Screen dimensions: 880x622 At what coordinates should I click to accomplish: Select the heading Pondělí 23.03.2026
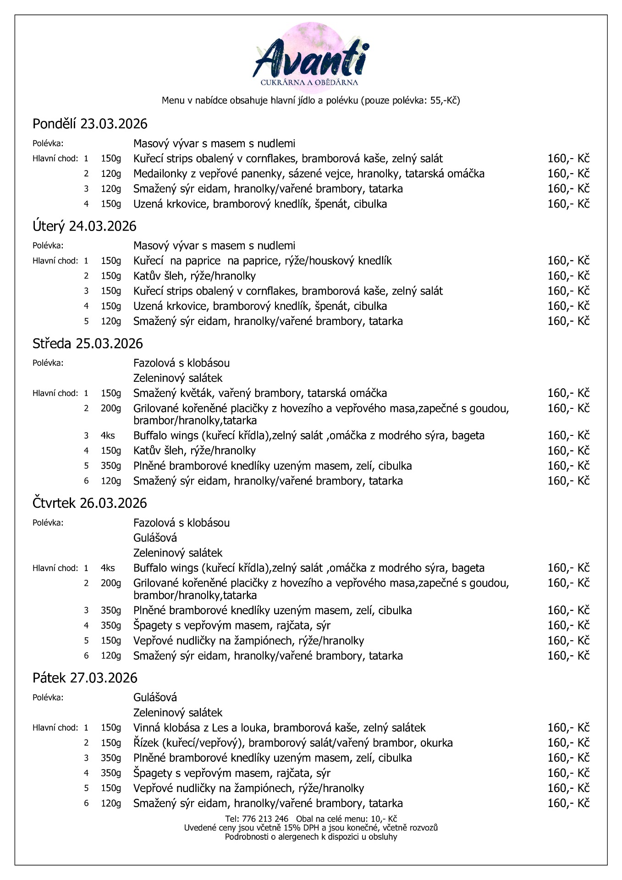[x=90, y=124]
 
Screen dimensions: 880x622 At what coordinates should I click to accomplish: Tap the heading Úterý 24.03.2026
[x=84, y=226]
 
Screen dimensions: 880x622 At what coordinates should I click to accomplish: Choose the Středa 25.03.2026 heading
[x=88, y=343]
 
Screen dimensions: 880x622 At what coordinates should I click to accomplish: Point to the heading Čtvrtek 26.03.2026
[x=90, y=503]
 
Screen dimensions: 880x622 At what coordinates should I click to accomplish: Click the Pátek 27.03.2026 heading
[x=85, y=677]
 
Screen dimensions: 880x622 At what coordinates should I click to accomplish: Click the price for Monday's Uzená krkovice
[x=568, y=204]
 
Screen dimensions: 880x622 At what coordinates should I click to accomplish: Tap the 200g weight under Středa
[x=110, y=408]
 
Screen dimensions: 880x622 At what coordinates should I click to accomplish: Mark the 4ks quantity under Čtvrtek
[x=108, y=568]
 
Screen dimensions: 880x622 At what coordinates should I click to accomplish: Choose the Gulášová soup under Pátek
[x=155, y=697]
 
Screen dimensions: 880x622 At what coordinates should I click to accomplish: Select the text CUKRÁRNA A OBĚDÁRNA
[x=309, y=82]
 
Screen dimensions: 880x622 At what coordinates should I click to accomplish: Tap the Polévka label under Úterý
[x=48, y=246]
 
